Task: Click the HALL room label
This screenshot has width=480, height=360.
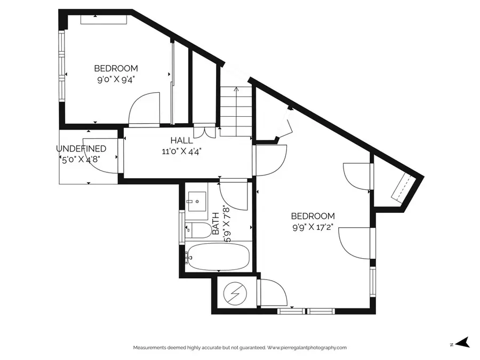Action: [x=181, y=140]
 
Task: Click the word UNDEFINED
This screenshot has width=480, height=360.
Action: [x=81, y=149]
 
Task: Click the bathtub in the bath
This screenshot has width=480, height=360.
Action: [x=217, y=258]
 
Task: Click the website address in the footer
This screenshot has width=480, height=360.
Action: [x=307, y=348]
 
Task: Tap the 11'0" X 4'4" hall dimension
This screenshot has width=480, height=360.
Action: [x=181, y=150]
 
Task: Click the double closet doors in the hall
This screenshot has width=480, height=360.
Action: [x=204, y=131]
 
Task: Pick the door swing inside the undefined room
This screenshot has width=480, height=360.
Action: [x=101, y=161]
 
